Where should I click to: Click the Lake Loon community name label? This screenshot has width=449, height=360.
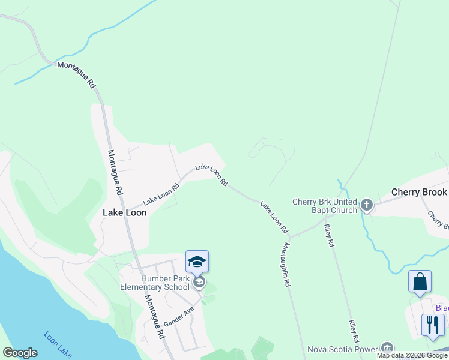pos(125,212)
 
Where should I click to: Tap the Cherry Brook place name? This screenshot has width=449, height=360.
pos(419,192)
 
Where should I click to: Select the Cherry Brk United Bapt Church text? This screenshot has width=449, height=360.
pos(325,206)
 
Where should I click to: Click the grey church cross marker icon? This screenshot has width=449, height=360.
pos(367,206)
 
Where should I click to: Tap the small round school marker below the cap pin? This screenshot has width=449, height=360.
pos(199,282)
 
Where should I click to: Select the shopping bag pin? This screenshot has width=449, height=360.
pos(420,281)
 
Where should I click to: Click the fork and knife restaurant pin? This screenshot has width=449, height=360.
pos(433,325)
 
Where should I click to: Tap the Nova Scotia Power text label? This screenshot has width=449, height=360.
pos(342,349)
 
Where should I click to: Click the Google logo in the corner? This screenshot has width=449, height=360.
pos(20,353)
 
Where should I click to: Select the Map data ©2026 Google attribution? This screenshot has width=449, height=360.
pos(412,355)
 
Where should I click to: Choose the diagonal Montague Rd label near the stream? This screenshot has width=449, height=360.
pos(76,74)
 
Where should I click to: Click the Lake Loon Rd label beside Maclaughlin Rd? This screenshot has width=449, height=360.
pos(274,217)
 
